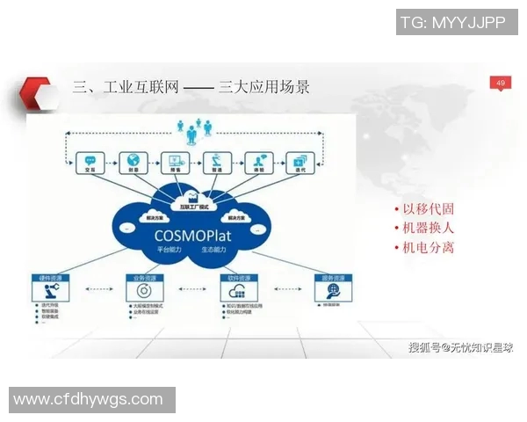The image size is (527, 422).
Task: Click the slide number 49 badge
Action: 500,84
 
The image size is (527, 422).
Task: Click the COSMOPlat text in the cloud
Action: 191,235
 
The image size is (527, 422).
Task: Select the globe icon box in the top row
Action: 133,163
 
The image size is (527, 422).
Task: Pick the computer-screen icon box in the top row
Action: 175,163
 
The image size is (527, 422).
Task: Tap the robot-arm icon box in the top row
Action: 216,163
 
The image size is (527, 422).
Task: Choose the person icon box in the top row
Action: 259,163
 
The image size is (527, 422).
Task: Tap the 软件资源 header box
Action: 232,279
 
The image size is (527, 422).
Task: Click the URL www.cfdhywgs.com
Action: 88,399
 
